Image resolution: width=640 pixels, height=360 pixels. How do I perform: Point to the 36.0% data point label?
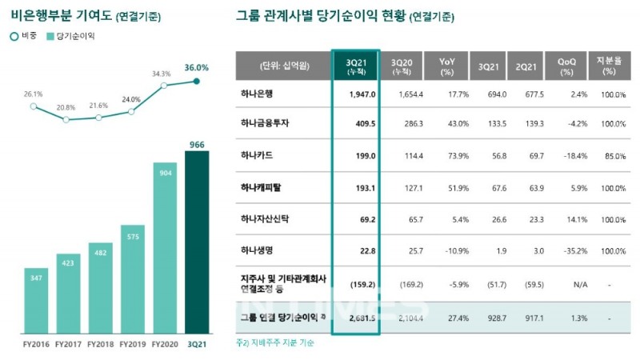[x=197, y=68]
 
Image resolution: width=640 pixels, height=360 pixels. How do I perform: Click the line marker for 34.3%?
[x=164, y=85]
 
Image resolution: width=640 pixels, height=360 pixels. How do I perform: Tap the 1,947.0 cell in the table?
[x=356, y=94]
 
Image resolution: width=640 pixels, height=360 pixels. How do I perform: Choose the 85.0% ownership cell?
[x=610, y=155]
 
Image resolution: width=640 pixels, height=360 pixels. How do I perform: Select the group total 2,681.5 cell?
[x=356, y=318]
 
